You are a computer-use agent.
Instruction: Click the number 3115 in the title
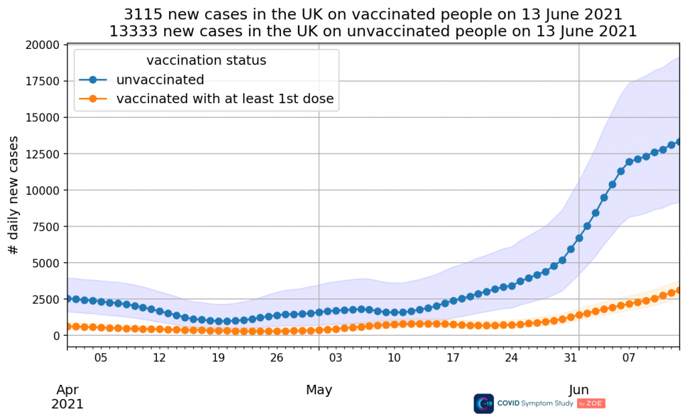pos(142,14)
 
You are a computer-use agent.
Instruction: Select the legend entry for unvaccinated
pos(160,80)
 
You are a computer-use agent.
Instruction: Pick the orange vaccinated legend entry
pos(225,100)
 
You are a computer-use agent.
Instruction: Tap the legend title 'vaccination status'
pos(206,60)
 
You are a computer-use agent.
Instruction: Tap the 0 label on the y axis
pos(56,335)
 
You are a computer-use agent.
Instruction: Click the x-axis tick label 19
pos(218,358)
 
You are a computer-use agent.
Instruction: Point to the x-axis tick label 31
pos(570,358)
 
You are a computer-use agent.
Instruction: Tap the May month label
pos(319,390)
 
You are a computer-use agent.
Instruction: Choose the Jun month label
pos(579,390)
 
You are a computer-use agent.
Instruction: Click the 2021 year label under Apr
pos(68,404)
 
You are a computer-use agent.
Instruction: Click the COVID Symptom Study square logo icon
pos(484,404)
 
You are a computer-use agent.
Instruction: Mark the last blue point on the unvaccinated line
pos(680,141)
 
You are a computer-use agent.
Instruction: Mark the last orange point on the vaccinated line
pos(680,290)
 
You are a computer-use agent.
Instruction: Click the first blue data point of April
pos(67,299)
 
